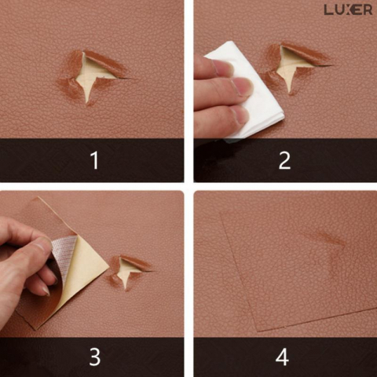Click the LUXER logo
tap(348, 10)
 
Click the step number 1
tap(95, 160)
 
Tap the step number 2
tap(284, 160)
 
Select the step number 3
tap(95, 357)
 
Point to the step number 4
tap(282, 357)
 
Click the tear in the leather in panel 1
tap(92, 77)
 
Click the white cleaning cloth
tap(249, 89)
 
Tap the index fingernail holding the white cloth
tap(241, 87)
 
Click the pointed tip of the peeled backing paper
tap(108, 268)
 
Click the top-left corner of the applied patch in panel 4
tap(221, 211)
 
